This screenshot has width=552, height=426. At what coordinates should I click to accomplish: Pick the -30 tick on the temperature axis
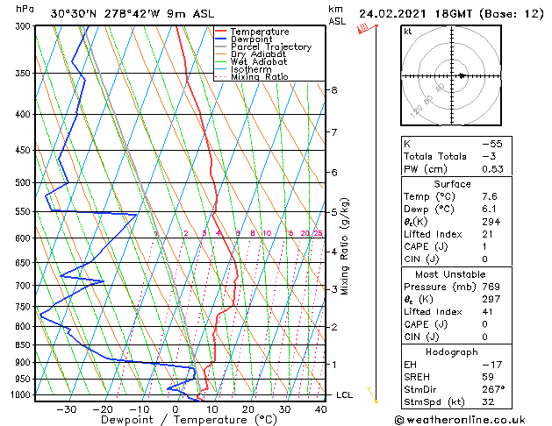67,408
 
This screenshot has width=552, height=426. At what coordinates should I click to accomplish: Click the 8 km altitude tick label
334,90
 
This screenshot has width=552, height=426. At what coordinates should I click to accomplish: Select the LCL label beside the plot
345,395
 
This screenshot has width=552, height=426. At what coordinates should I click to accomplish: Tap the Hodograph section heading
459,351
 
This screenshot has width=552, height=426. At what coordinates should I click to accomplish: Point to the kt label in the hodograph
407,32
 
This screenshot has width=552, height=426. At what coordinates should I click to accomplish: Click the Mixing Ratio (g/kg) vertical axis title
345,245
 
